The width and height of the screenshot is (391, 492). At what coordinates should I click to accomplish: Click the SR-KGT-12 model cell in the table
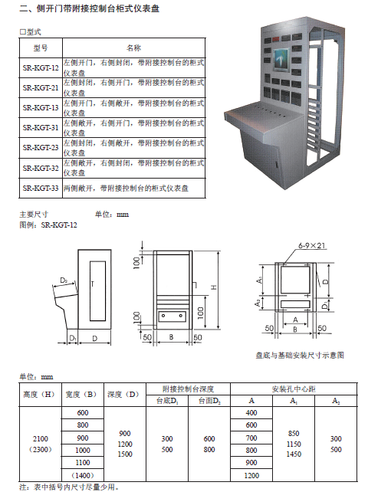pos(41,67)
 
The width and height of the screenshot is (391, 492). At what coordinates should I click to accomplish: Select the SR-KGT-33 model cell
pos(41,189)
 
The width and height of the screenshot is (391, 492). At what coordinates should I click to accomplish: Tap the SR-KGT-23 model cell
pos(41,147)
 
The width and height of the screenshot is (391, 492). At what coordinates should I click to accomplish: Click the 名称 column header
pos(134,48)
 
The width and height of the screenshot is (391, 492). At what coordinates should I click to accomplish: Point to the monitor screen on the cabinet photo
pos(281,60)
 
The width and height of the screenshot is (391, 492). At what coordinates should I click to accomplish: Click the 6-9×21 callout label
pos(311,245)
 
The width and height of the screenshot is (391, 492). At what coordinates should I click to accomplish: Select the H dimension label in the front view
pos(214,287)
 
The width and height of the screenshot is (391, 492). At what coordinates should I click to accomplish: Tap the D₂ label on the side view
pos(64,280)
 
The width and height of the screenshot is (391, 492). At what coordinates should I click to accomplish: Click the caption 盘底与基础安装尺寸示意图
pos(300,355)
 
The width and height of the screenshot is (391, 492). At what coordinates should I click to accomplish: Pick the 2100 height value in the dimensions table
pos(41,438)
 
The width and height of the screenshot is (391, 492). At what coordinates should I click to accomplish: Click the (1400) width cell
pos(83,475)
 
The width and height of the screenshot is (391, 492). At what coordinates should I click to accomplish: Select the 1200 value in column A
pos(251,476)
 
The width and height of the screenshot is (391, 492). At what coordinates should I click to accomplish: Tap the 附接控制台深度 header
pos(188,389)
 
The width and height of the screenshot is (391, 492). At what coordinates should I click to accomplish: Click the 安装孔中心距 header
pos(294,389)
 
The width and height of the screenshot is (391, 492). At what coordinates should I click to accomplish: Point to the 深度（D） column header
pos(124,395)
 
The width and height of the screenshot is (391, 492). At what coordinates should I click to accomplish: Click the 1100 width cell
pos(83,463)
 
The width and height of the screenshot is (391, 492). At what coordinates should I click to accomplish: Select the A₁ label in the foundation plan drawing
pos(259,280)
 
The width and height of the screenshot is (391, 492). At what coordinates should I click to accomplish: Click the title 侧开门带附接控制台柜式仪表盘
pos(98,8)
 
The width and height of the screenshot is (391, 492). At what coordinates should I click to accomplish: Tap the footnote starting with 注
pos(69,487)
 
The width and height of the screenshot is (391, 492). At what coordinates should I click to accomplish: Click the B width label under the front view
pos(171,337)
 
